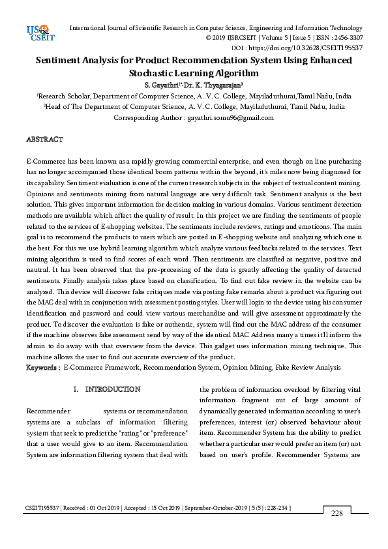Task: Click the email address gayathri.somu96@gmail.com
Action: coord(221,118)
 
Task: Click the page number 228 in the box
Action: coord(336,514)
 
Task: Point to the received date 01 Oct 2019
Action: coord(103,507)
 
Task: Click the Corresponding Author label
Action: coord(149,118)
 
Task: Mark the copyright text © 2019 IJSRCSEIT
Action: coord(226,38)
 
